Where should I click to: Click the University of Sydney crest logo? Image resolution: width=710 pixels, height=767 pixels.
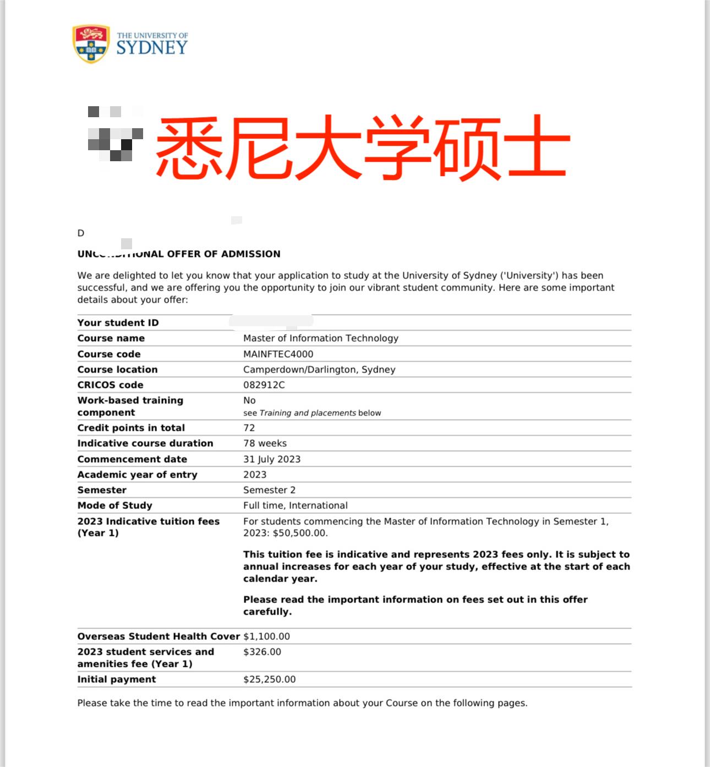(x=91, y=43)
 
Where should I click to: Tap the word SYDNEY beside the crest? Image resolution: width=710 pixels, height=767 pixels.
(x=152, y=48)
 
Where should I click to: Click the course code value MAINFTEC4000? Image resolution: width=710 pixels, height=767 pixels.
(x=278, y=354)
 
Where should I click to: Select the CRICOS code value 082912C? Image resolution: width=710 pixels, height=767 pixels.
(x=264, y=385)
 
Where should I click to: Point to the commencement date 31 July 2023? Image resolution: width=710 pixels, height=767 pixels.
(x=272, y=459)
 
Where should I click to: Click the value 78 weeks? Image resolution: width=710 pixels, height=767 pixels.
(x=265, y=443)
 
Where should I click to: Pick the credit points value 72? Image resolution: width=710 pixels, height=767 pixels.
(x=249, y=428)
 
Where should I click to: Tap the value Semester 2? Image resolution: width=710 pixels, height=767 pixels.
(x=269, y=490)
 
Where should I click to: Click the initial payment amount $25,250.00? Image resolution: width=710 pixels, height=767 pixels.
(x=269, y=679)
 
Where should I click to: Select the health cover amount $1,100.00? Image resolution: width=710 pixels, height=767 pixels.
(x=266, y=636)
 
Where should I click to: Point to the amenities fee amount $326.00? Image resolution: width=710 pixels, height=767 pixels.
(x=262, y=651)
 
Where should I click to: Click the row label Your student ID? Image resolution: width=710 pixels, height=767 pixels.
(x=118, y=322)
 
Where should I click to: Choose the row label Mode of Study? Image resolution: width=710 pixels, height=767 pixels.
(x=114, y=505)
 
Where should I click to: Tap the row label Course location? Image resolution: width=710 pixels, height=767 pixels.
(x=117, y=369)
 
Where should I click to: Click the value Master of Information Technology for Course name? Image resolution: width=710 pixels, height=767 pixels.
(x=320, y=338)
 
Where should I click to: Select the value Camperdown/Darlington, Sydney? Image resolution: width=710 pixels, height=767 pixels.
(x=319, y=369)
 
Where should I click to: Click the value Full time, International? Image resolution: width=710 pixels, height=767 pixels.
(x=295, y=505)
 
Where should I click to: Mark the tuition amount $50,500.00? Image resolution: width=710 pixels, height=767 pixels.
(x=299, y=533)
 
